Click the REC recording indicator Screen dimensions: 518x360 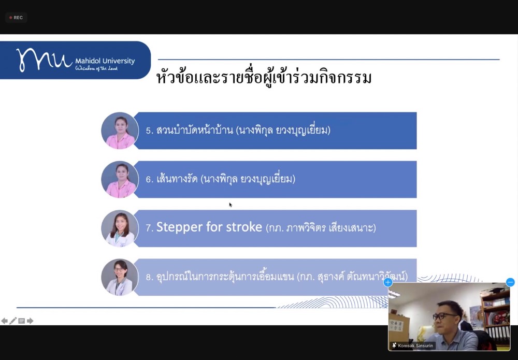pyautogui.click(x=16, y=18)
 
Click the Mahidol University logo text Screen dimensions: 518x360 pyautogui.click(x=105, y=61)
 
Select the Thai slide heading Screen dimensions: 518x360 pyautogui.click(x=264, y=77)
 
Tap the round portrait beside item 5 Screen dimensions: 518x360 pyautogui.click(x=120, y=131)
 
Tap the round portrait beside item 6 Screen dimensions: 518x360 pyautogui.click(x=120, y=179)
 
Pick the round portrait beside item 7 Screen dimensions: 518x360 pyautogui.click(x=120, y=228)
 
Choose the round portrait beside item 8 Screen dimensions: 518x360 pyautogui.click(x=120, y=277)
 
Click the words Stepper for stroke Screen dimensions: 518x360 pyautogui.click(x=209, y=227)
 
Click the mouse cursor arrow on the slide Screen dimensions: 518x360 pyautogui.click(x=231, y=205)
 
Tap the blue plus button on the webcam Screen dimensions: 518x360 pyautogui.click(x=388, y=282)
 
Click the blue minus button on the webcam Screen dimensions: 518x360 pyautogui.click(x=510, y=282)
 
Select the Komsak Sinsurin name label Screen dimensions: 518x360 pyautogui.click(x=413, y=345)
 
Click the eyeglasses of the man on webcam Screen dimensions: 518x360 pyautogui.click(x=444, y=316)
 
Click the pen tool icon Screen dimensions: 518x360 pyautogui.click(x=13, y=321)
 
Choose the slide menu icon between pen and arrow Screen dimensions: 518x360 pyautogui.click(x=21, y=321)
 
